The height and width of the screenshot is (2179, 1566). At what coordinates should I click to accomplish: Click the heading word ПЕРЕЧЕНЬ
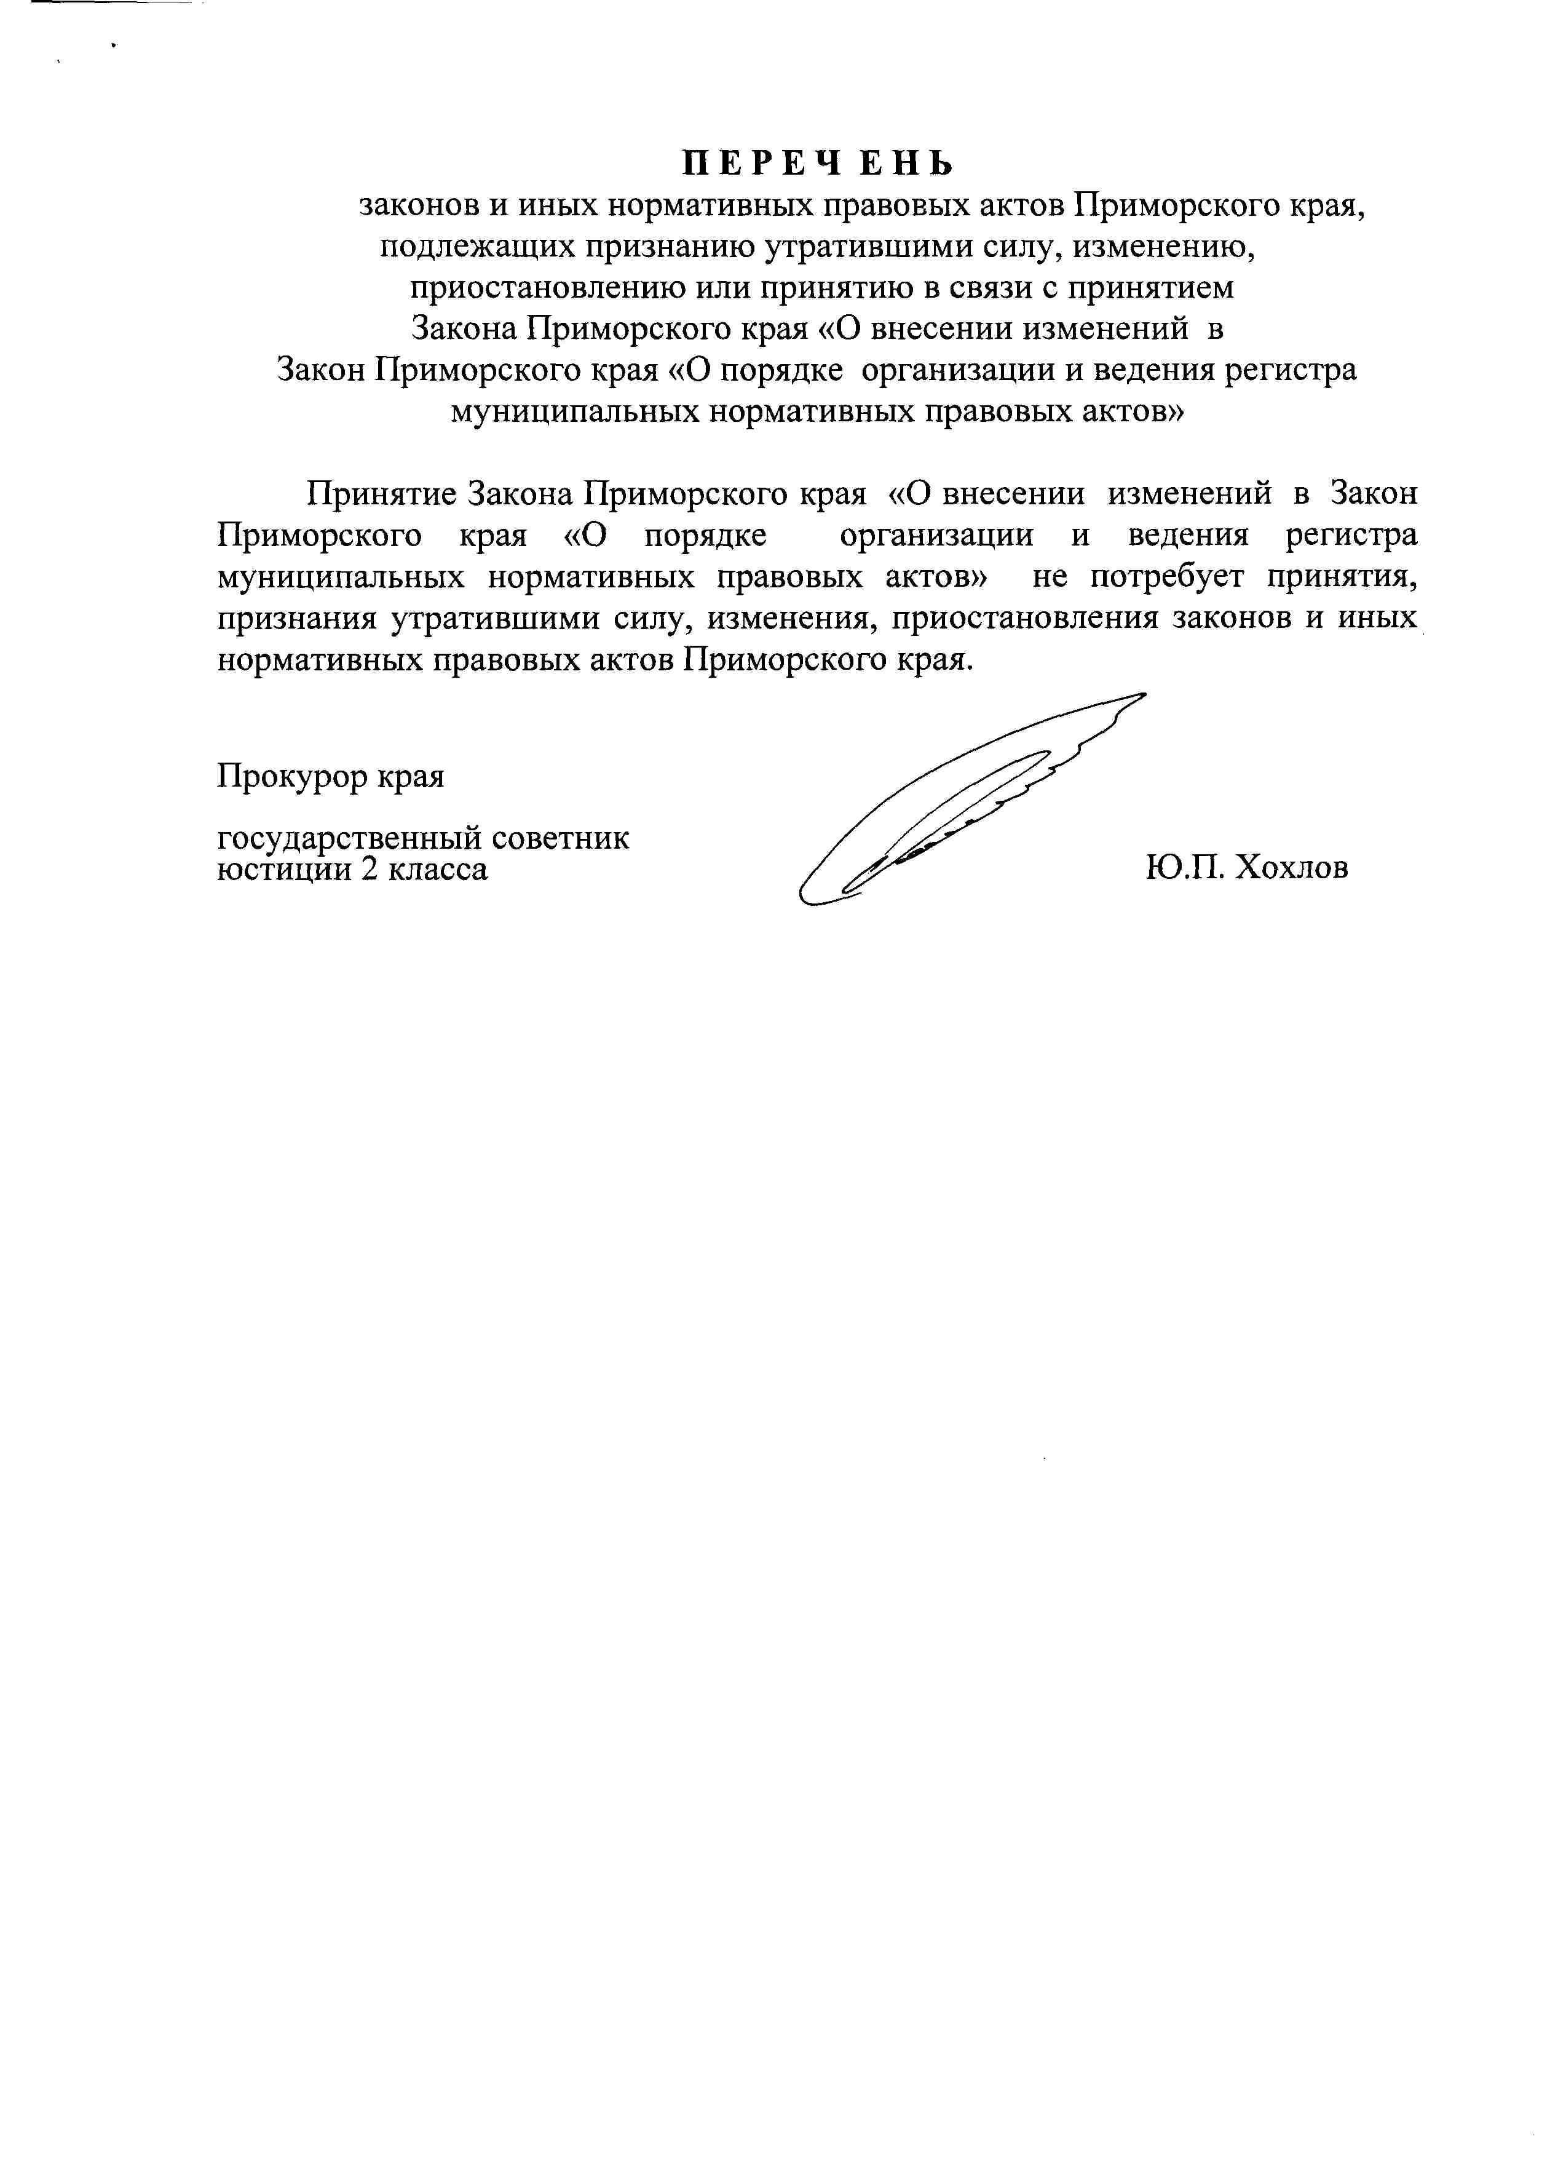(818, 164)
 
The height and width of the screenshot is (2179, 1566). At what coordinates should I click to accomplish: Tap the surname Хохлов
(1291, 868)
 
